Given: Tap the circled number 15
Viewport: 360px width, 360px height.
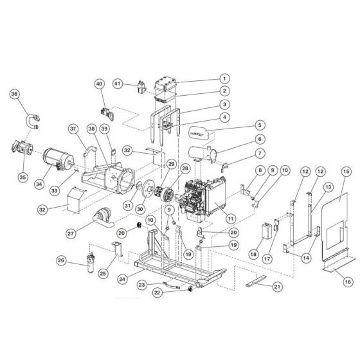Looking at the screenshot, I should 346,172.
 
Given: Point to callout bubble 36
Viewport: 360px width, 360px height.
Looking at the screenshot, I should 14,94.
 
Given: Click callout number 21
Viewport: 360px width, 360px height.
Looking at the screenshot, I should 276,286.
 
